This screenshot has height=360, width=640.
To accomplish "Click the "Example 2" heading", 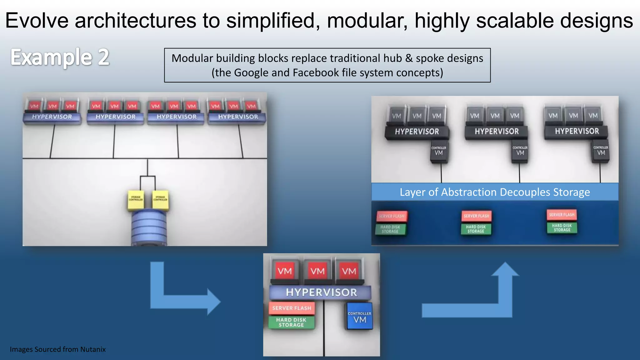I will (60, 57).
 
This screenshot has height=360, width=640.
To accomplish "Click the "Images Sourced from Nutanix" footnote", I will (57, 349).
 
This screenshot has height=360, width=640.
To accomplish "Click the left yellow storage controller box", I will (136, 200).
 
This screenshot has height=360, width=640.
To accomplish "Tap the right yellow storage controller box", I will (160, 200).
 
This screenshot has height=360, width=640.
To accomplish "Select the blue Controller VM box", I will (360, 316).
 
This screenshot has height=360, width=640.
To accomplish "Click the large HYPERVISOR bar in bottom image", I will (321, 292).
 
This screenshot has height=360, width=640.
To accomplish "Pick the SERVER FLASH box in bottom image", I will (292, 308).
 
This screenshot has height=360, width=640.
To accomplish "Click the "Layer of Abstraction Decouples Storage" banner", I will (495, 192).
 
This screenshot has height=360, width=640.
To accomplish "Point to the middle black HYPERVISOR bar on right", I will (497, 132).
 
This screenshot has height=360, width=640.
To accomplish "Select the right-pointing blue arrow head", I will (214, 302).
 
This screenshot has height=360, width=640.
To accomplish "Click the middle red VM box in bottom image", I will (317, 271).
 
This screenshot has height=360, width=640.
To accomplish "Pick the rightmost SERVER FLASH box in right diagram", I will (562, 215).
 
